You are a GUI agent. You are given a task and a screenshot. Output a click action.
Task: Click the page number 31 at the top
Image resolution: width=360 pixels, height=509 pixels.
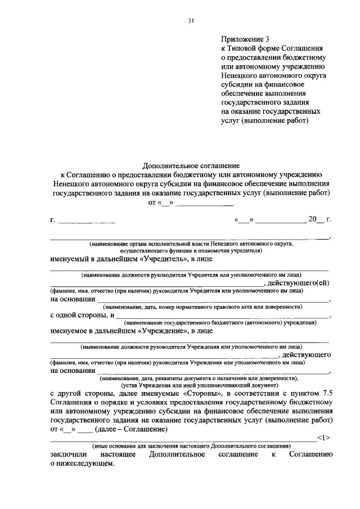[191, 21]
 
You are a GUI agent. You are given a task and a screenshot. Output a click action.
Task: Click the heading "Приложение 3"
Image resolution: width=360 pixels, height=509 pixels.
[246, 39]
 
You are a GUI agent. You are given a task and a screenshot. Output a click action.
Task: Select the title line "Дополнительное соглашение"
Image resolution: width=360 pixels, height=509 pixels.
[191, 166]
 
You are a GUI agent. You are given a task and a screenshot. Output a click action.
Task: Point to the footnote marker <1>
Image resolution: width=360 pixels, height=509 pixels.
[323, 436]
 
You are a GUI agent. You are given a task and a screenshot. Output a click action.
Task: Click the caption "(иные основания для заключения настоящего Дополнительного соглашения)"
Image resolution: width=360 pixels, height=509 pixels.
[191, 444]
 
